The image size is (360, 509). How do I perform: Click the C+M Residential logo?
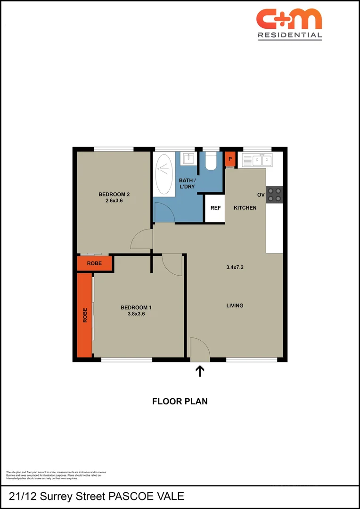pyautogui.click(x=289, y=24)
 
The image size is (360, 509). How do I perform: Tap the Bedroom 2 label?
pyautogui.click(x=114, y=195)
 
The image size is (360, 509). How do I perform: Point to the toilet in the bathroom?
pyautogui.click(x=211, y=162)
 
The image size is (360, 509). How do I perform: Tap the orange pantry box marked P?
pyautogui.click(x=230, y=159)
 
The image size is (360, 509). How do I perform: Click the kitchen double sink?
pyautogui.click(x=258, y=161)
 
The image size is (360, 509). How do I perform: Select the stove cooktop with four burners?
pyautogui.click(x=274, y=195)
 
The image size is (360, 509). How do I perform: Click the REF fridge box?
pyautogui.click(x=215, y=208)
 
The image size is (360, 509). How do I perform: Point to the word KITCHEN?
pyautogui.click(x=245, y=208)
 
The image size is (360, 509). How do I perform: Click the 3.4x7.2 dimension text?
pyautogui.click(x=235, y=267)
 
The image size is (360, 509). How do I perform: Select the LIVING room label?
pyautogui.click(x=235, y=305)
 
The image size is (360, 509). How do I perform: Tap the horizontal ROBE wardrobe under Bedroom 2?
pyautogui.click(x=95, y=263)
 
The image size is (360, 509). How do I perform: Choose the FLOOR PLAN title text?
pyautogui.click(x=180, y=402)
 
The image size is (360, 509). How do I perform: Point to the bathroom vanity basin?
pyautogui.click(x=188, y=158)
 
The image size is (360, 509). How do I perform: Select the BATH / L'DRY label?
pyautogui.click(x=187, y=184)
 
